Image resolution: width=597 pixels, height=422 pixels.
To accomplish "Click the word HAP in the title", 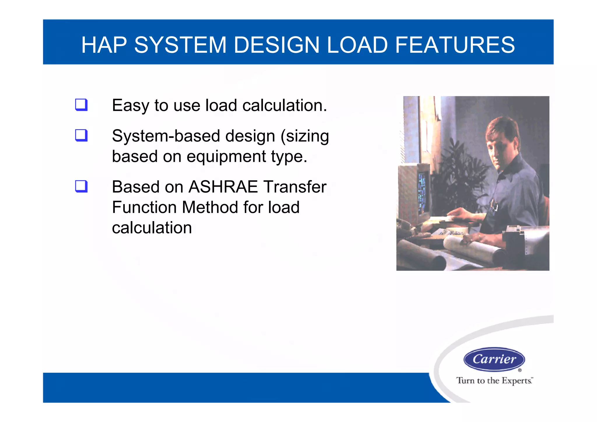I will pos(104,45).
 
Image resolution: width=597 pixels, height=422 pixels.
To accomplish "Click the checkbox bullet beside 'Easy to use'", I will pos(81,105).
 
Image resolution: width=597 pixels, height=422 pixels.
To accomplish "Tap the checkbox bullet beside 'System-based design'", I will pos(81,135).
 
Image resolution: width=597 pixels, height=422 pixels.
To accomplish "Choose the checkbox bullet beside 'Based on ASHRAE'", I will pos(81,186).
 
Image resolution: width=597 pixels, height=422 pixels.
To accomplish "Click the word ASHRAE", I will pos(223,187).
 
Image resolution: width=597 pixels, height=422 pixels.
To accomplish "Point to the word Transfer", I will pos(295,187).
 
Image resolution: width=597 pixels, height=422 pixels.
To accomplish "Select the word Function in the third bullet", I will pos(144,207).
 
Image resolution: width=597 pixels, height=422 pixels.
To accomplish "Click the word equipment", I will pos(226,157).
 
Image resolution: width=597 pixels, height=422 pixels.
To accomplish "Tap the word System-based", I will pos(166,136).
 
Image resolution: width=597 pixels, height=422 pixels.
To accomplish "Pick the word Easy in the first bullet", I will pos(130,106).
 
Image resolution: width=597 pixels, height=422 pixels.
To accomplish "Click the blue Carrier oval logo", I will pos(494,359).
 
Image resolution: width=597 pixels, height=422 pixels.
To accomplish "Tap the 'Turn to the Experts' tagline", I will pos(494,381).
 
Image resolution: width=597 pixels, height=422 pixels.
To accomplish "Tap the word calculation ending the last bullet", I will pos(152,228).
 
